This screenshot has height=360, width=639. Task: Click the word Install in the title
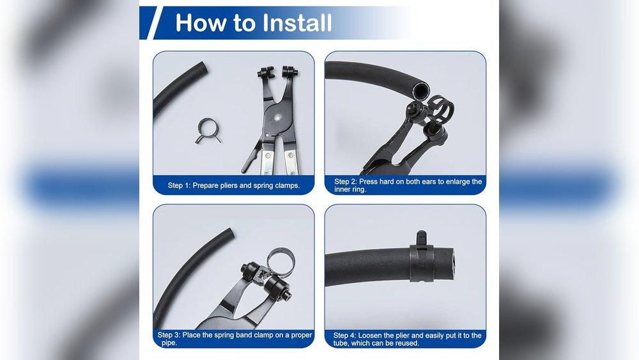click(296, 23)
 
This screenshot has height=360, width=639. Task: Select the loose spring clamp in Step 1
click(208, 131)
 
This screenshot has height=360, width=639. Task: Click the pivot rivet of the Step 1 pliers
click(278, 118)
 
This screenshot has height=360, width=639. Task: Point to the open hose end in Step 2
click(420, 88)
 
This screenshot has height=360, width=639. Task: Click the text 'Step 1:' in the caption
click(179, 185)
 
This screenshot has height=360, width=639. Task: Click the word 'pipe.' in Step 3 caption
click(169, 343)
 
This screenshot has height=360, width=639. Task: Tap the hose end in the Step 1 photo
click(202, 67)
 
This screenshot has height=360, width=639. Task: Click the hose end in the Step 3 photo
click(229, 233)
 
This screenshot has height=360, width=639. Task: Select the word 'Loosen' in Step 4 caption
click(370, 336)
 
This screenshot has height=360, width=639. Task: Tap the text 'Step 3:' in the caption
click(169, 335)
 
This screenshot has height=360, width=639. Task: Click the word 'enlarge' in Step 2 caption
click(458, 182)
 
